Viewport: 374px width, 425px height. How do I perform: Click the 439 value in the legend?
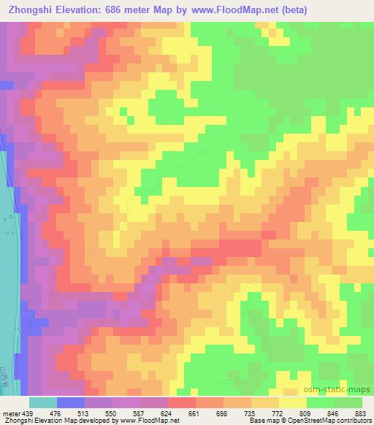[x=23, y=413]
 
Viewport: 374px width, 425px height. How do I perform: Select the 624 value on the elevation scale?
[x=167, y=413]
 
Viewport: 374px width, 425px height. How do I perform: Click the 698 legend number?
[x=223, y=413]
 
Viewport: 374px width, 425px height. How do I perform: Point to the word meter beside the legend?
[x=9, y=413]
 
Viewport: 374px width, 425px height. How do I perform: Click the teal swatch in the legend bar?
[x=43, y=402]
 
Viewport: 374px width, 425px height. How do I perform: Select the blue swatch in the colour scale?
[x=71, y=402]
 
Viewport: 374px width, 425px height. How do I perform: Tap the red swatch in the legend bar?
[x=181, y=402]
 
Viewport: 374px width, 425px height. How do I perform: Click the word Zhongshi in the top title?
[x=28, y=9]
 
